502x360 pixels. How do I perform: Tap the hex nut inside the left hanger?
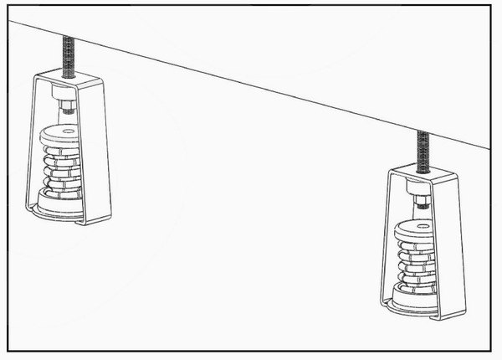pyautogui.click(x=66, y=106)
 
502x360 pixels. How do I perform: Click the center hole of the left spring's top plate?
pyautogui.click(x=66, y=130)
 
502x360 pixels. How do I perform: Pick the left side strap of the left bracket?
pyautogui.click(x=27, y=151)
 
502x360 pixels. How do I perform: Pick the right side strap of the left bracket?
pyautogui.click(x=104, y=151)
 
